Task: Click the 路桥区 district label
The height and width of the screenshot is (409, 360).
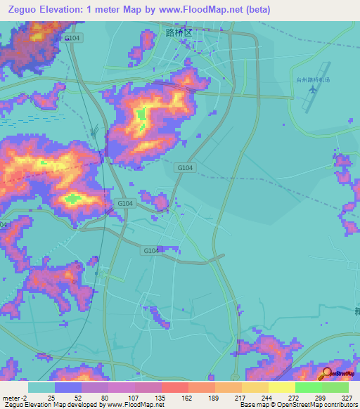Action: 178,32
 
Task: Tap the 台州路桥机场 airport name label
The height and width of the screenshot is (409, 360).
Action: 313,81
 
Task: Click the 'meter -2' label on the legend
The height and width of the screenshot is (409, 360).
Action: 14,397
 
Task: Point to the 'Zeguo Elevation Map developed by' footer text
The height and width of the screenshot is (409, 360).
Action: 55,404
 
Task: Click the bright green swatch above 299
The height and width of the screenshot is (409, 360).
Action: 308,387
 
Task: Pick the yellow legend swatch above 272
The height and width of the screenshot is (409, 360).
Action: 281,387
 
